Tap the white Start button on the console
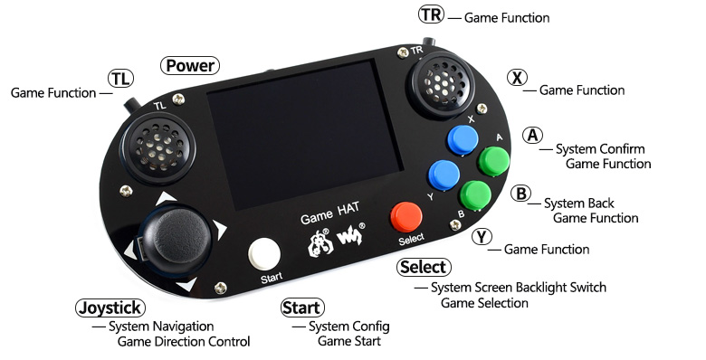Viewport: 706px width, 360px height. click(x=264, y=254)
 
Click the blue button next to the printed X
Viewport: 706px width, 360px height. click(x=463, y=140)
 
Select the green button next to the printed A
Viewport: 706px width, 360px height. click(x=493, y=161)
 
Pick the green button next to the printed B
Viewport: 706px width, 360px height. click(x=475, y=195)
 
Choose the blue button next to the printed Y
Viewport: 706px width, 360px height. click(x=444, y=175)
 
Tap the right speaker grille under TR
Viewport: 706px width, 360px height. click(x=442, y=83)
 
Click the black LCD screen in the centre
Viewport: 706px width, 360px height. click(x=304, y=135)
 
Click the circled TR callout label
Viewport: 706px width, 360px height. click(x=432, y=14)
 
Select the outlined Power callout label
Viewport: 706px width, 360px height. click(x=190, y=66)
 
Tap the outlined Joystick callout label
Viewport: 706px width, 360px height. click(x=110, y=308)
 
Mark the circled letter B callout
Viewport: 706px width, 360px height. click(x=520, y=194)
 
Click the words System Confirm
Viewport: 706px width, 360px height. click(x=600, y=149)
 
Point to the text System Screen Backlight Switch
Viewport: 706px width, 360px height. click(x=519, y=288)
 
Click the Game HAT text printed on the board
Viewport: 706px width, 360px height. click(x=330, y=213)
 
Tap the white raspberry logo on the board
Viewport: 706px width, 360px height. click(x=320, y=243)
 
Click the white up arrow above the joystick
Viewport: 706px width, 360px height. click(x=166, y=198)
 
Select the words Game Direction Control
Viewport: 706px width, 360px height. click(x=184, y=342)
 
